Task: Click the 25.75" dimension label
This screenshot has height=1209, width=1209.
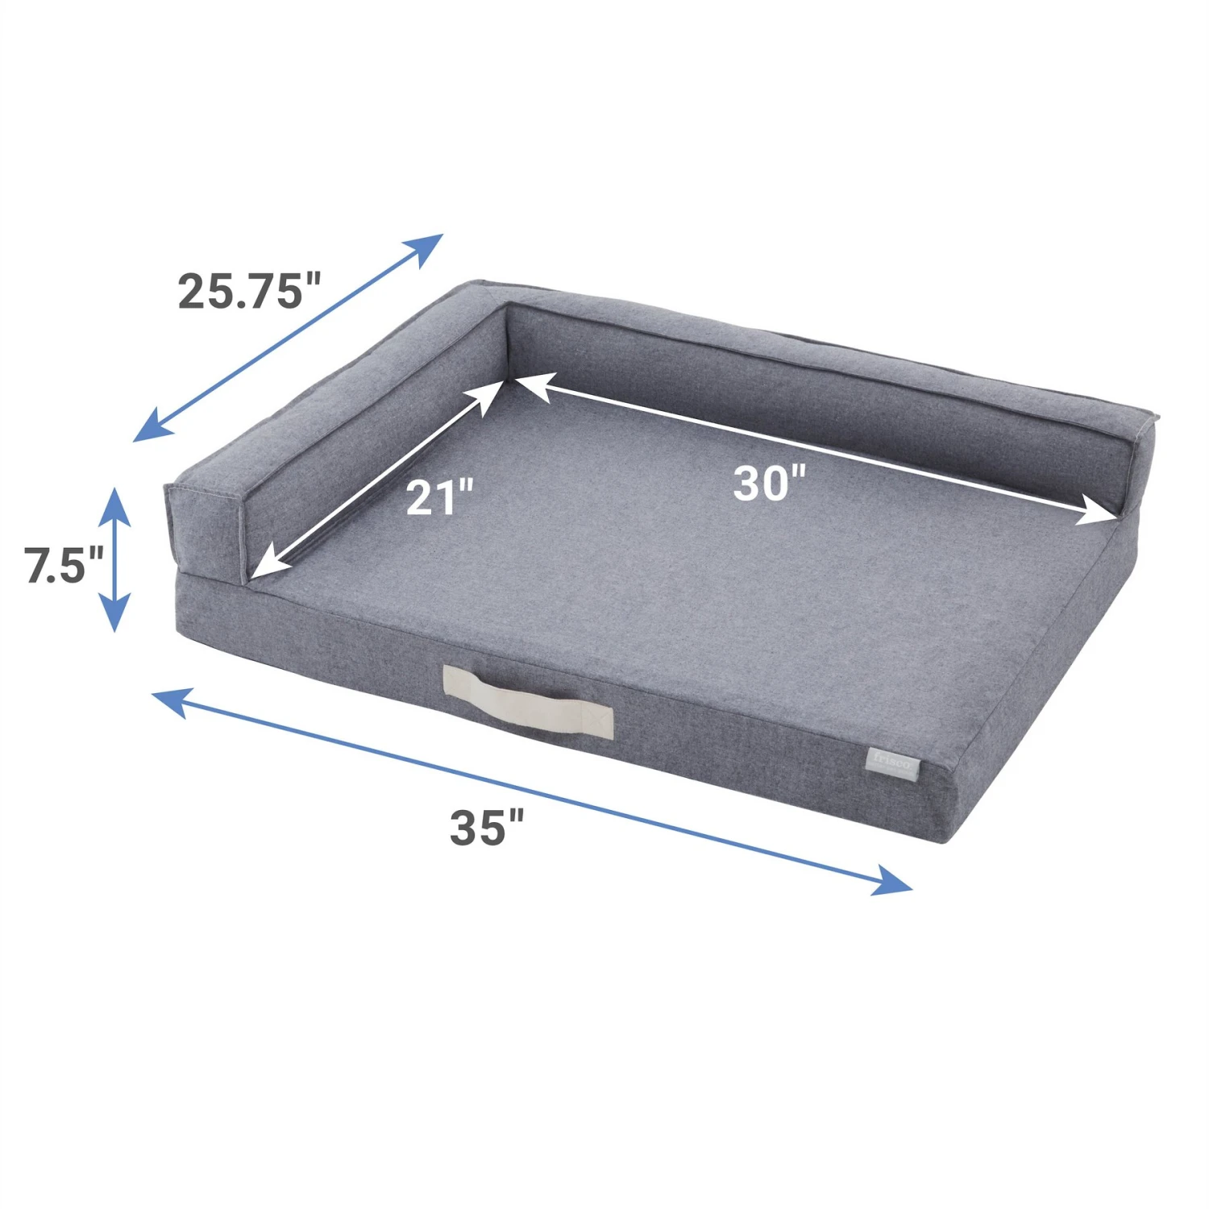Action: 249,291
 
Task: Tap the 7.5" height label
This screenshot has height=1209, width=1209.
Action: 64,565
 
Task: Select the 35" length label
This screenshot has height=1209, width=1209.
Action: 487,827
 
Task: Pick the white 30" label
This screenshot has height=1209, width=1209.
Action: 770,484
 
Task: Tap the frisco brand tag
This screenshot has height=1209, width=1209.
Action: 892,762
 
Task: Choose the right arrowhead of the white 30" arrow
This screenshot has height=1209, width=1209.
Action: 1104,513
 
